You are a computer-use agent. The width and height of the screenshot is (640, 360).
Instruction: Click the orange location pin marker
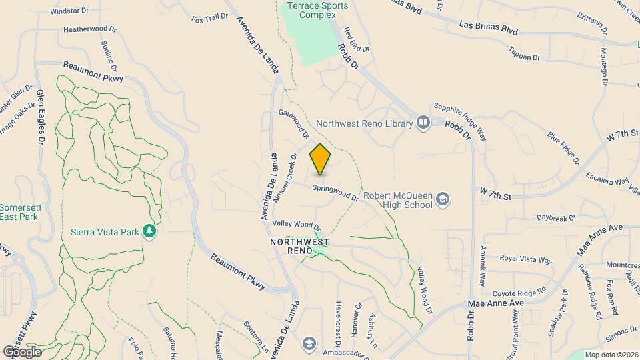(321, 159)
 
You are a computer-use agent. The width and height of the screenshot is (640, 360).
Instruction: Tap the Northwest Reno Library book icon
(423, 123)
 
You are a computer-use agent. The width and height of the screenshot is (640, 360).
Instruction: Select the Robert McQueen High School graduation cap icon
(441, 199)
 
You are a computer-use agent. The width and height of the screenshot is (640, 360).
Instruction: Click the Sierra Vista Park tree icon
(151, 231)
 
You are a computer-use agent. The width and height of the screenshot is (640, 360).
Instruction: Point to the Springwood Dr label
(337, 192)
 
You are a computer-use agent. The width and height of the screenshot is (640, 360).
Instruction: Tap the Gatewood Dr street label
(294, 124)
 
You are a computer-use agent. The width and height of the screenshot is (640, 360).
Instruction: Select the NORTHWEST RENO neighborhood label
(291, 246)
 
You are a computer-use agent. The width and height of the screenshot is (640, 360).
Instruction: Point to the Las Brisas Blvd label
(489, 28)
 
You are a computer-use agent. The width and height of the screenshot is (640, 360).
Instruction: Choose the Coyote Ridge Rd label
(519, 291)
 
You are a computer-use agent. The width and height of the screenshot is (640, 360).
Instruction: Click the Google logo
(22, 351)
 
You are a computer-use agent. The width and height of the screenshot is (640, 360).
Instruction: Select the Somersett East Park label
(20, 212)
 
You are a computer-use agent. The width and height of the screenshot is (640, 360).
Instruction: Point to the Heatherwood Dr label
(89, 29)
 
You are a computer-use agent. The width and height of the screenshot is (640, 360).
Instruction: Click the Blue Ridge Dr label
(563, 148)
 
